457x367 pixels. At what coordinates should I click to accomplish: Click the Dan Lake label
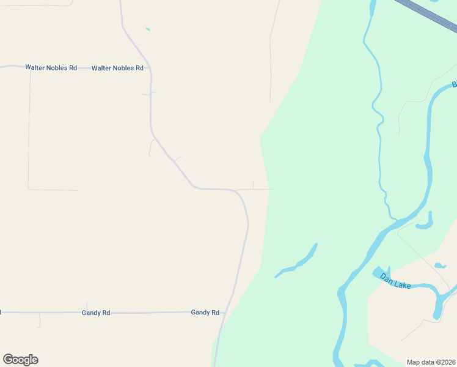tap(395, 281)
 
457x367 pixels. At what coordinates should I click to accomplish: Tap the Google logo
tap(20, 360)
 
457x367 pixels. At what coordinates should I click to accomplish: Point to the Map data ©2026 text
tap(431, 361)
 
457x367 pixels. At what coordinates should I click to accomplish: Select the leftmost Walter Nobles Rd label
tap(51, 67)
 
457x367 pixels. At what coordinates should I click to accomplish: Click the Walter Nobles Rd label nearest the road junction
tap(117, 68)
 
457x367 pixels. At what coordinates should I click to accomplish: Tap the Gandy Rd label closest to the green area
tap(205, 312)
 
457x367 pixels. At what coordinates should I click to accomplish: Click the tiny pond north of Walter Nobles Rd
tap(147, 29)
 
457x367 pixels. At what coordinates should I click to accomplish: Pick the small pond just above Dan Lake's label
tap(440, 265)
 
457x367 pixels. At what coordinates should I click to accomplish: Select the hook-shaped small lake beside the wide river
tap(426, 223)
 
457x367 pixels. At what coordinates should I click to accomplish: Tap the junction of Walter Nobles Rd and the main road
tap(150, 69)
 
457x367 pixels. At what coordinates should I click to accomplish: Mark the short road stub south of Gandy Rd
tap(40, 319)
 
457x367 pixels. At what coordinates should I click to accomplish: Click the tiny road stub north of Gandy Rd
tap(87, 305)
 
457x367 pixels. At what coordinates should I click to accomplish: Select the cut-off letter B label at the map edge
tap(454, 84)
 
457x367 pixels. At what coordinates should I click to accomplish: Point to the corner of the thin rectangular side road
tap(29, 189)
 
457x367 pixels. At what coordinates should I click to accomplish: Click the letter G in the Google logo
tap(8, 360)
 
